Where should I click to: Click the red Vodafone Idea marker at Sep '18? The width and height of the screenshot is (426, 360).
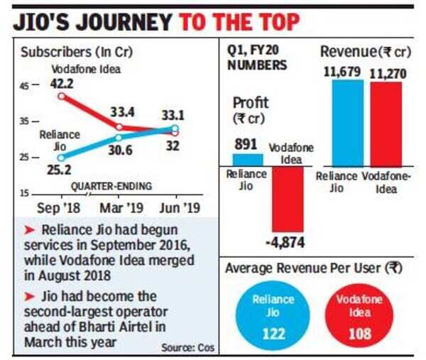62,96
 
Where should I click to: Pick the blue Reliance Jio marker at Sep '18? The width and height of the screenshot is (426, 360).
62,157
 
